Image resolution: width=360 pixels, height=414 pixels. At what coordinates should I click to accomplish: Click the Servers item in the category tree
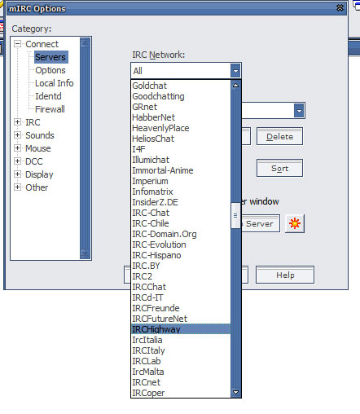(50, 57)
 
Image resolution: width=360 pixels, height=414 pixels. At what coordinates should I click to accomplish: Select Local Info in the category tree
(55, 83)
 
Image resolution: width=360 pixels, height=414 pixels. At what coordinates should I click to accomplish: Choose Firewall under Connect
(50, 109)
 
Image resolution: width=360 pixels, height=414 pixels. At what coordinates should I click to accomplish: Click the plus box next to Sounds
(17, 135)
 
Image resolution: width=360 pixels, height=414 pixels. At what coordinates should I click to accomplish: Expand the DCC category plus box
(17, 161)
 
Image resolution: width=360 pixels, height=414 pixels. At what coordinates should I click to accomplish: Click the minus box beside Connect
(17, 44)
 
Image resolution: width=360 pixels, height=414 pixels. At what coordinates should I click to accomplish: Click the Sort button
(279, 168)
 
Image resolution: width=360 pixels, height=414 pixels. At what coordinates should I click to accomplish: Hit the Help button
(285, 275)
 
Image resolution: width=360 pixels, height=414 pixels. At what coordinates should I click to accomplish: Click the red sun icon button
(295, 223)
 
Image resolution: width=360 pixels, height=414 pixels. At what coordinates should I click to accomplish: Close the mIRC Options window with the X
(340, 8)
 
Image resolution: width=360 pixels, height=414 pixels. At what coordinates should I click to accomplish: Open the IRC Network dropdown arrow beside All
(235, 71)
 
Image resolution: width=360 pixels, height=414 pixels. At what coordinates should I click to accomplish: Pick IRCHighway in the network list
(156, 329)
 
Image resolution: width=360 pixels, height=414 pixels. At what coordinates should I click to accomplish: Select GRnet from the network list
(144, 107)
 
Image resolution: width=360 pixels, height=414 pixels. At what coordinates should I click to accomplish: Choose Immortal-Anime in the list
(163, 170)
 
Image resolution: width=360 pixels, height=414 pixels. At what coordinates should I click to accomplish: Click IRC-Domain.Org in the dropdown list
(165, 234)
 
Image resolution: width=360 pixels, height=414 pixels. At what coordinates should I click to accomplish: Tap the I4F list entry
(138, 149)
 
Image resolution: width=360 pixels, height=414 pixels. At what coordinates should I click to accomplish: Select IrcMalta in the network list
(148, 372)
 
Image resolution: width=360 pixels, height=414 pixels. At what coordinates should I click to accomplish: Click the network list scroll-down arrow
(235, 393)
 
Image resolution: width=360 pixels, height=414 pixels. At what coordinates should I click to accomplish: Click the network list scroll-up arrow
(235, 86)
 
